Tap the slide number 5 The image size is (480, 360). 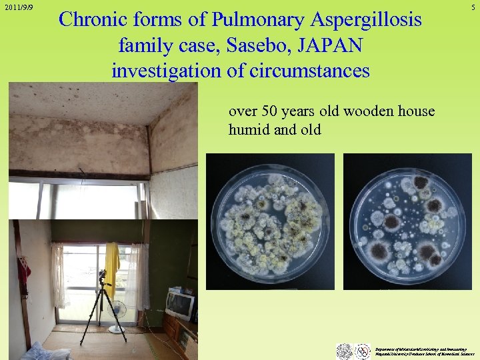473,7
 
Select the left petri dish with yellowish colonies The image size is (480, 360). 271,222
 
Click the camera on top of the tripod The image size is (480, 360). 103,275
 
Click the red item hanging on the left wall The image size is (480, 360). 24,270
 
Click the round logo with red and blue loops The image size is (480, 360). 363,351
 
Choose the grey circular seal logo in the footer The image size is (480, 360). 344,351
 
